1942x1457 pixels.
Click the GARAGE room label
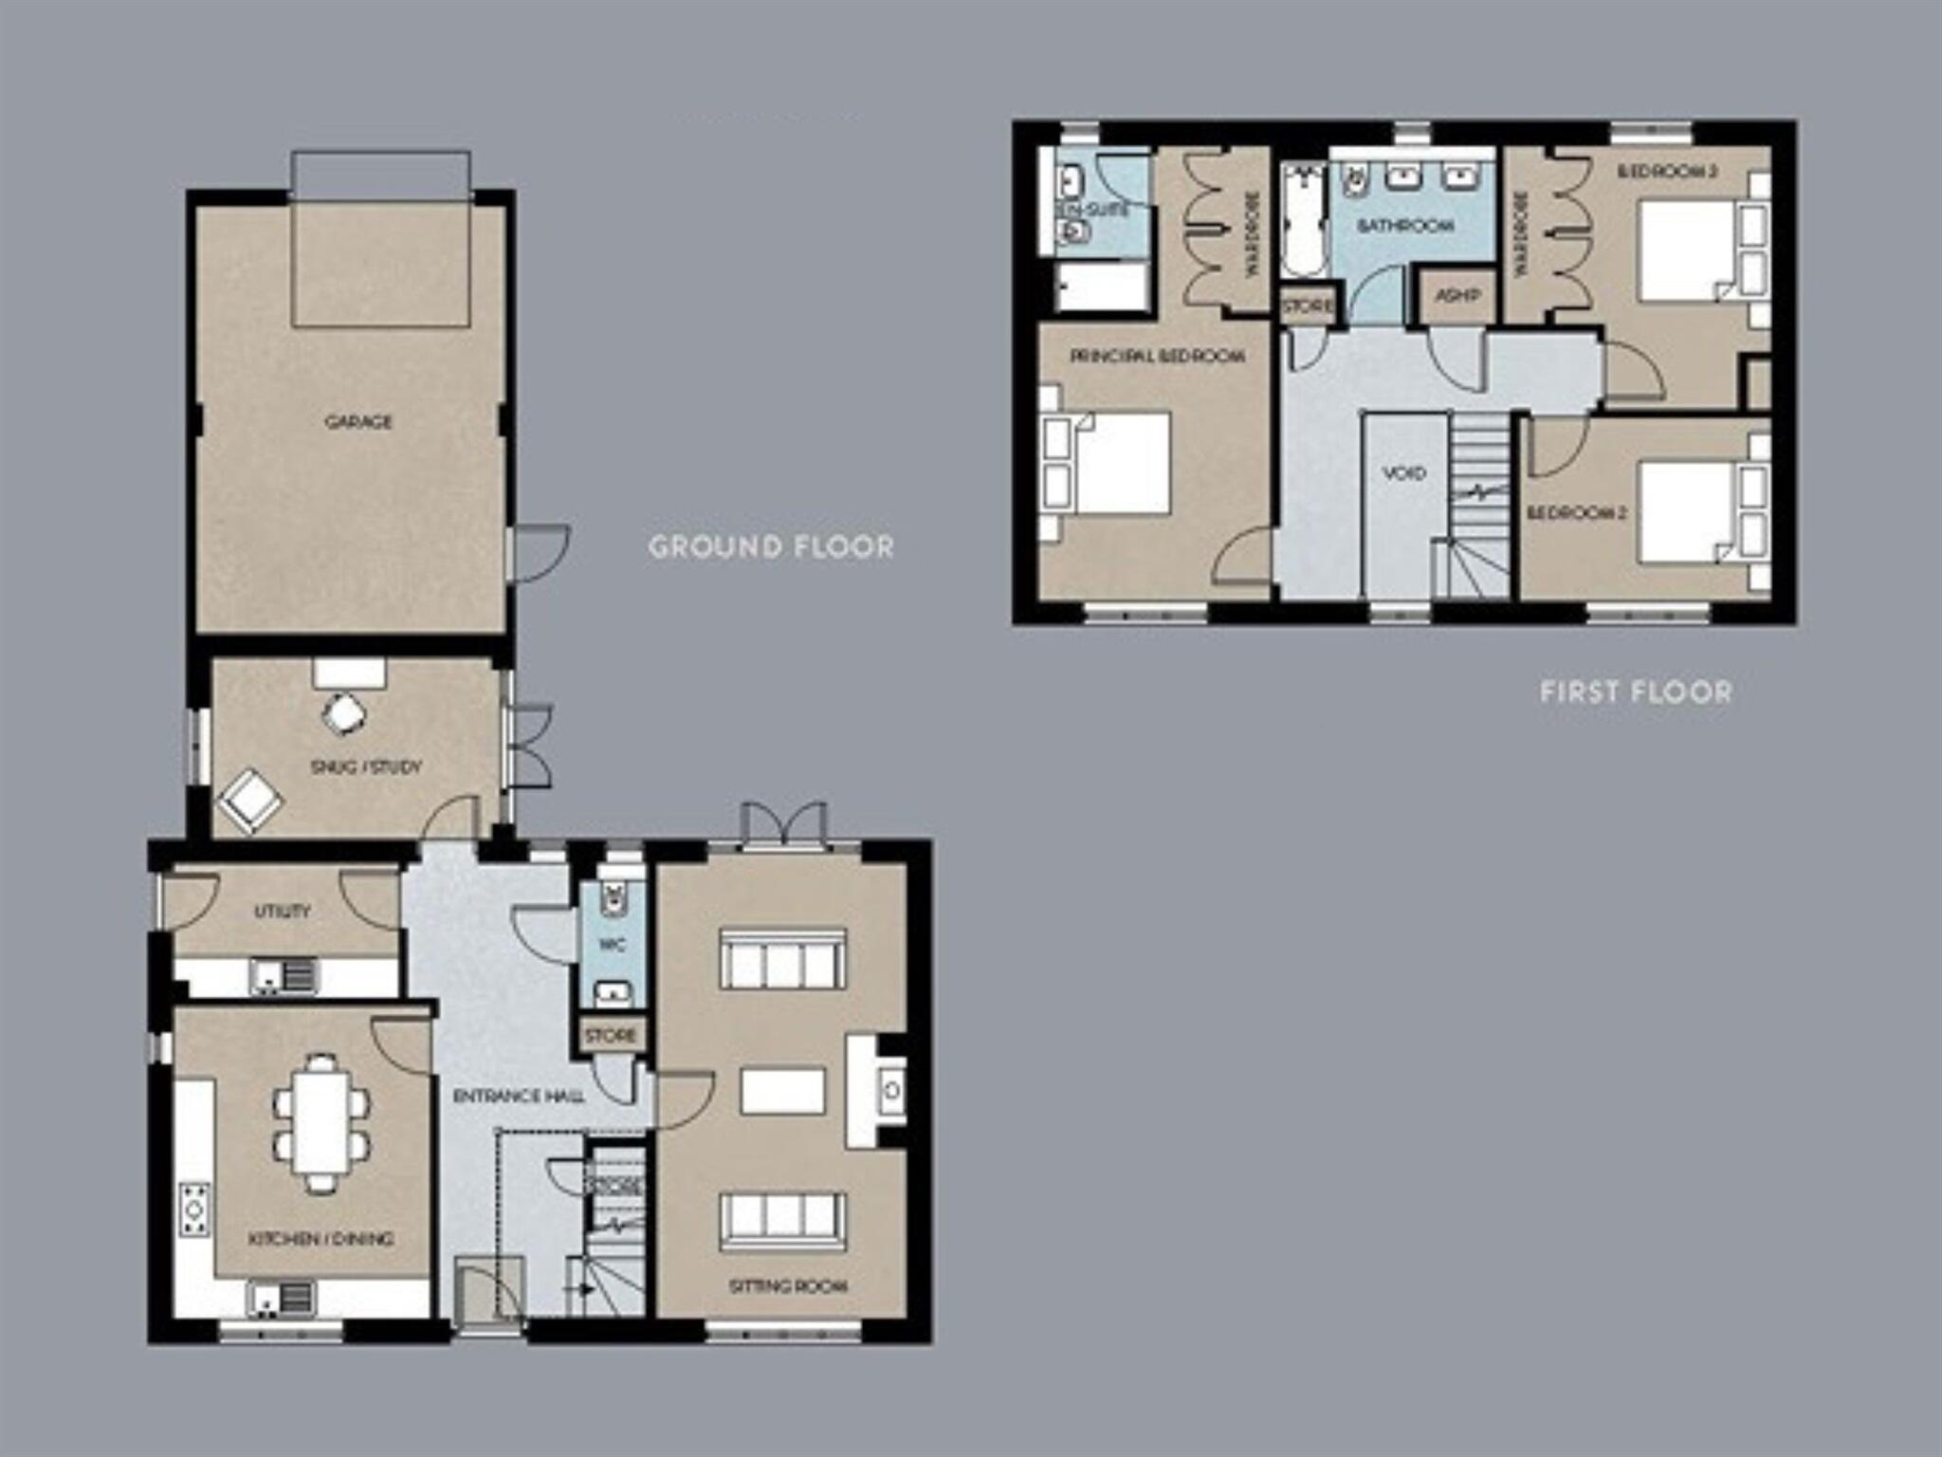coord(357,421)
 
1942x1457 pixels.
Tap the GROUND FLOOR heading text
coord(771,547)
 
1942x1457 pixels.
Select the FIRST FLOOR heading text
coord(1636,692)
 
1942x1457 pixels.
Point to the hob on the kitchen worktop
coord(195,1208)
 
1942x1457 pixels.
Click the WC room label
coord(613,946)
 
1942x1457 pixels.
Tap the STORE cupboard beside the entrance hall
coord(611,1035)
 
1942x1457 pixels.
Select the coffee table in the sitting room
coord(782,1090)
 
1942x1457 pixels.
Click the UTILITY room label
coord(282,912)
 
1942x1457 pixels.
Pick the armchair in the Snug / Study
coord(249,802)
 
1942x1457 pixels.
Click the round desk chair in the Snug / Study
coord(342,713)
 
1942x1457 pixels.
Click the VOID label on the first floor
coord(1403,472)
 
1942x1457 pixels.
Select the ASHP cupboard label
coord(1456,296)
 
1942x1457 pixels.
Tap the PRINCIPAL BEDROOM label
coord(1157,357)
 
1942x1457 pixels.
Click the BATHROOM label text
coord(1404,226)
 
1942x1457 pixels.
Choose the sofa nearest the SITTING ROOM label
coord(782,1221)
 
